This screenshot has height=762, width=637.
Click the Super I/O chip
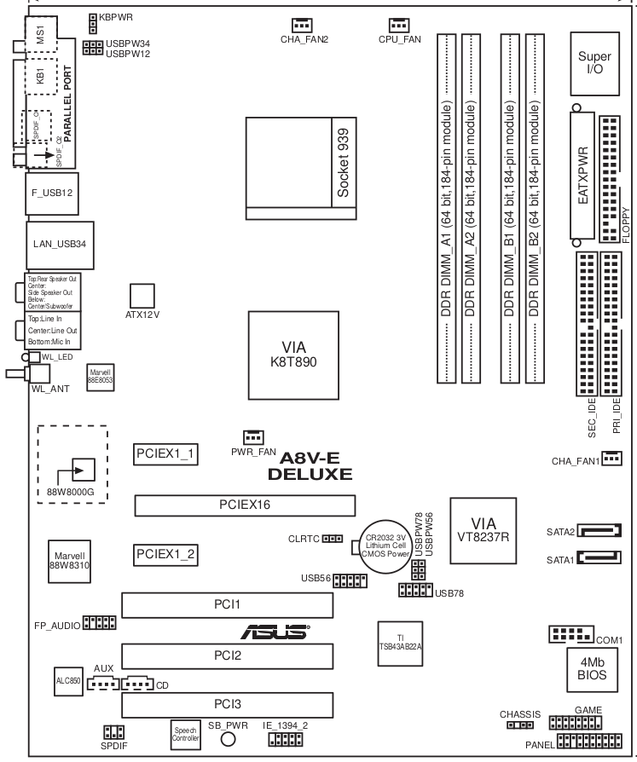pyautogui.click(x=594, y=62)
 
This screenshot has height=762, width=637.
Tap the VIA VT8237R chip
pyautogui.click(x=484, y=528)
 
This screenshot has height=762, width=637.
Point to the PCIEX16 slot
pyautogui.click(x=245, y=505)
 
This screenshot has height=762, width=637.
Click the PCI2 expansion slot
pyautogui.click(x=227, y=656)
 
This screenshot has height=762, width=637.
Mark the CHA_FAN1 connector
pyautogui.click(x=611, y=459)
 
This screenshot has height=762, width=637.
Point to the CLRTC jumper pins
pyautogui.click(x=333, y=540)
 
